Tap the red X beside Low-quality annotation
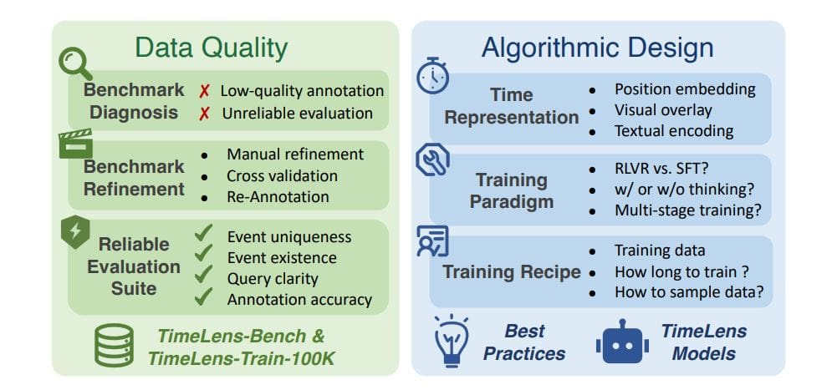point(203,90)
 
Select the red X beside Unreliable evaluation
point(203,113)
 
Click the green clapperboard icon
point(75,144)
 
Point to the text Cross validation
point(282,176)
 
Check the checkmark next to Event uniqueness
point(203,236)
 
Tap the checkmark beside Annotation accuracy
point(203,298)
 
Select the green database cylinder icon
point(114,346)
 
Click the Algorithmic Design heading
point(597,48)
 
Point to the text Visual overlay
point(663,109)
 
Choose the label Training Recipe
point(511,271)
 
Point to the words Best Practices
point(523,342)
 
